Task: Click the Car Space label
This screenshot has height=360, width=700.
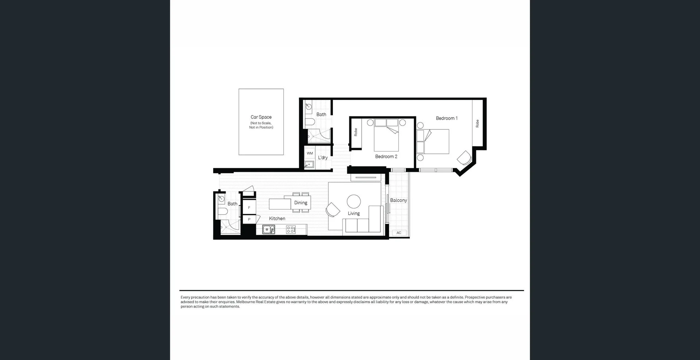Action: pos(261,117)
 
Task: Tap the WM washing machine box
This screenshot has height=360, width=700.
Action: pos(310,153)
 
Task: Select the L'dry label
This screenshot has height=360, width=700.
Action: pos(323,158)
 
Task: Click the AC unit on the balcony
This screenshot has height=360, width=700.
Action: pos(399,233)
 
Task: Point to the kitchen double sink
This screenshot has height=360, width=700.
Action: pos(269,229)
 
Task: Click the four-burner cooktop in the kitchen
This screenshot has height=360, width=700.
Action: pos(291,229)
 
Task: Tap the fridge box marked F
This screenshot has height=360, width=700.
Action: pos(249,208)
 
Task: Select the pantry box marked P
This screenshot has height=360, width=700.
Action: pos(249,219)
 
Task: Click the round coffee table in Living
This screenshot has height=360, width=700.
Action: pos(354,201)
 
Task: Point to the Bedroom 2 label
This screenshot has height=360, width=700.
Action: pos(386,156)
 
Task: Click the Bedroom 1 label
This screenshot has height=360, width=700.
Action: pos(447,118)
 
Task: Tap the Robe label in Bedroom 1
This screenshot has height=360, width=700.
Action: pos(477,124)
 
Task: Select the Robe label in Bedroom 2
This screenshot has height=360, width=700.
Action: pos(356,132)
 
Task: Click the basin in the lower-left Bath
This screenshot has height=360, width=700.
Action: pos(221,199)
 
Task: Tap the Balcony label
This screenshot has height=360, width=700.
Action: pos(398,200)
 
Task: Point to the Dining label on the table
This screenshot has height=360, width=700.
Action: pos(301,203)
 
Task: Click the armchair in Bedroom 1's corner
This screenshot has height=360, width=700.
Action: pos(464,158)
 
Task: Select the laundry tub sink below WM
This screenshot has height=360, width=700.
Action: pos(309,164)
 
